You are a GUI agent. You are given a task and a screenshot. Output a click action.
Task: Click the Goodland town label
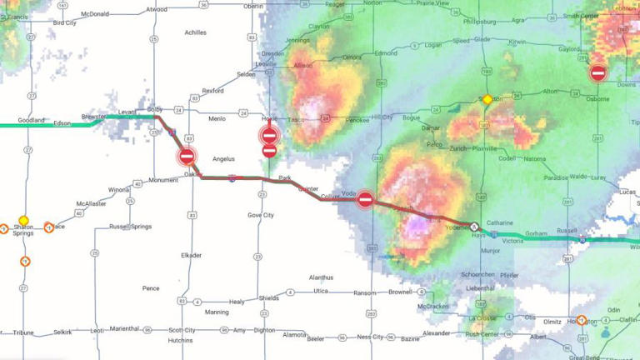pos(31,120)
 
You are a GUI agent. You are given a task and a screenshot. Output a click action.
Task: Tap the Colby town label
pos(155,109)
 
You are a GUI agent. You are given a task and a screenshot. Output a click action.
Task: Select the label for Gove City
pos(261,215)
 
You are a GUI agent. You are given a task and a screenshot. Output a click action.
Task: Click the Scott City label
pos(182,330)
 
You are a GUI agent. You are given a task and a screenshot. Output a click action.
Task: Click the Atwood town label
pos(156,10)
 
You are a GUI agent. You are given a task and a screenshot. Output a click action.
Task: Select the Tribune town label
pos(23,332)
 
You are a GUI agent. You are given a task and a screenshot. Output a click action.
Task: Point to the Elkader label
pos(191,255)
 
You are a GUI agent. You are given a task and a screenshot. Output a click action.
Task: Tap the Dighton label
pos(265,330)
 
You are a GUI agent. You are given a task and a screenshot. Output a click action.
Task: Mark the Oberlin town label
pos(253,6)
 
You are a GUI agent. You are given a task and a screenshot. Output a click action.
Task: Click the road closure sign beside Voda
pos(365,199)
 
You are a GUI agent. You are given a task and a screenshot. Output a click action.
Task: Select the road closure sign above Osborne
pos(597,73)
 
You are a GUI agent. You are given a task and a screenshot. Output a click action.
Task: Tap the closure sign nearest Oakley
pos(187,156)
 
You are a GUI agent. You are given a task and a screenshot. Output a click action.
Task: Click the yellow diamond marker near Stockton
pos(487,99)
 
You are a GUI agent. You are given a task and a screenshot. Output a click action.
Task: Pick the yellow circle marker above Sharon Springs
pos(23,220)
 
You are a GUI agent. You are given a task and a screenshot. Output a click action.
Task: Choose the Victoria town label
pos(512,241)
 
